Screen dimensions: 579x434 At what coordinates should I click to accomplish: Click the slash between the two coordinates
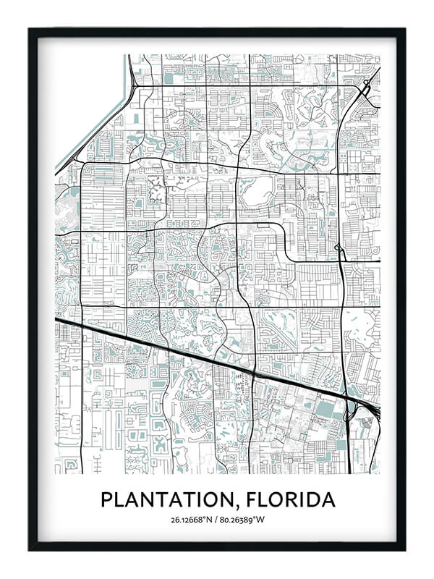coord(217,520)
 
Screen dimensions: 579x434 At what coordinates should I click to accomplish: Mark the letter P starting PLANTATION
coord(106,500)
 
